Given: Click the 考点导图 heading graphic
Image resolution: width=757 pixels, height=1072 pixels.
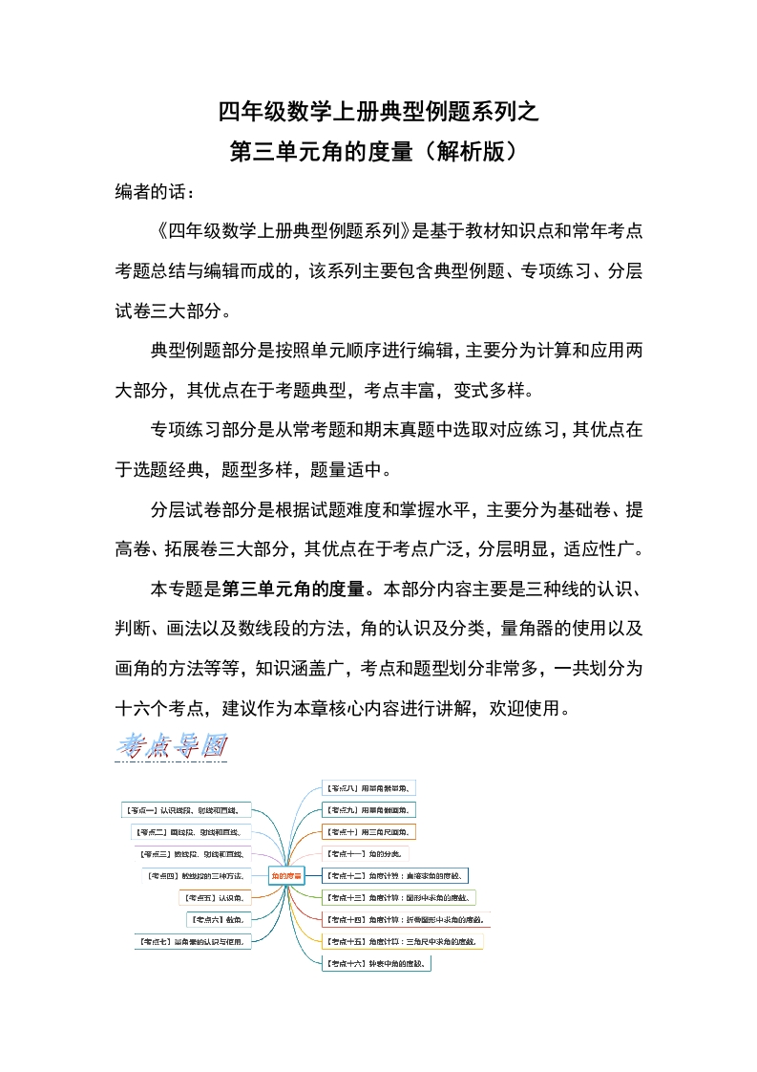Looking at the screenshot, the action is [172, 746].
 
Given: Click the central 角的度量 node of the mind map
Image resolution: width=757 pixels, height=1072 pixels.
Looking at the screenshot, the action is [286, 874].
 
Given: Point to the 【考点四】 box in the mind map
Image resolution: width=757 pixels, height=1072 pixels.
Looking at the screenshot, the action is [195, 875].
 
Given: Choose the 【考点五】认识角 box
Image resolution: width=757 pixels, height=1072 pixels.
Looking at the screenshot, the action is [215, 898].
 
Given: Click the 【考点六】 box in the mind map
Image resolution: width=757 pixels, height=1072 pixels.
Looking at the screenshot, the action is [218, 919].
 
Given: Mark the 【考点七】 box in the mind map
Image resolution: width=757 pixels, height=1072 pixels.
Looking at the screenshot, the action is [191, 942].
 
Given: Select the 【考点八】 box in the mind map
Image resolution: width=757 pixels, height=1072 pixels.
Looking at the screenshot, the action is [368, 788].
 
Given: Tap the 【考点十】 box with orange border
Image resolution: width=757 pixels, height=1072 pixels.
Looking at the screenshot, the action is [368, 831].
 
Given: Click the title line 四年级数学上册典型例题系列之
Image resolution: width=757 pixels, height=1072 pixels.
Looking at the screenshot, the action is [378, 112].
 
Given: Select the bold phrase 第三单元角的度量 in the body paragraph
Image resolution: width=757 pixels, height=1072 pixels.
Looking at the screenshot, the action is [299, 586].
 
